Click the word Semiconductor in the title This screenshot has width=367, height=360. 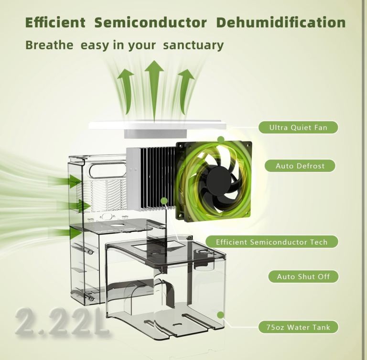point(151,23)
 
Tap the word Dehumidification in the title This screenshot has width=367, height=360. point(281,22)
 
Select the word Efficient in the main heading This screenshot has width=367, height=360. point(55,22)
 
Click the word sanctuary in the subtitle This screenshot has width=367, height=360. point(194,45)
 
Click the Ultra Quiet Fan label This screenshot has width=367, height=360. point(298,128)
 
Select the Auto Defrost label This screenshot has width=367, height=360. point(300,166)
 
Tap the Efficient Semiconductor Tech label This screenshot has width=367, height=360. point(272,242)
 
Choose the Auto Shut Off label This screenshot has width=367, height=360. point(303,277)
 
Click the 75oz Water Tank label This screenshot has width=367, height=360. point(298,327)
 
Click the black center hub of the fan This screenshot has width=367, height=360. point(219,180)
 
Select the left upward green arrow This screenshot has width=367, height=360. point(126,91)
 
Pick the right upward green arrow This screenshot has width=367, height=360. point(185,91)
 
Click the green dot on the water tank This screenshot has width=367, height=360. point(220,315)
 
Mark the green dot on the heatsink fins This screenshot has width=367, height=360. point(164,201)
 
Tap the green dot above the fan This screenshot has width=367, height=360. point(221,140)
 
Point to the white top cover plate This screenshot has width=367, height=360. point(158,125)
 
